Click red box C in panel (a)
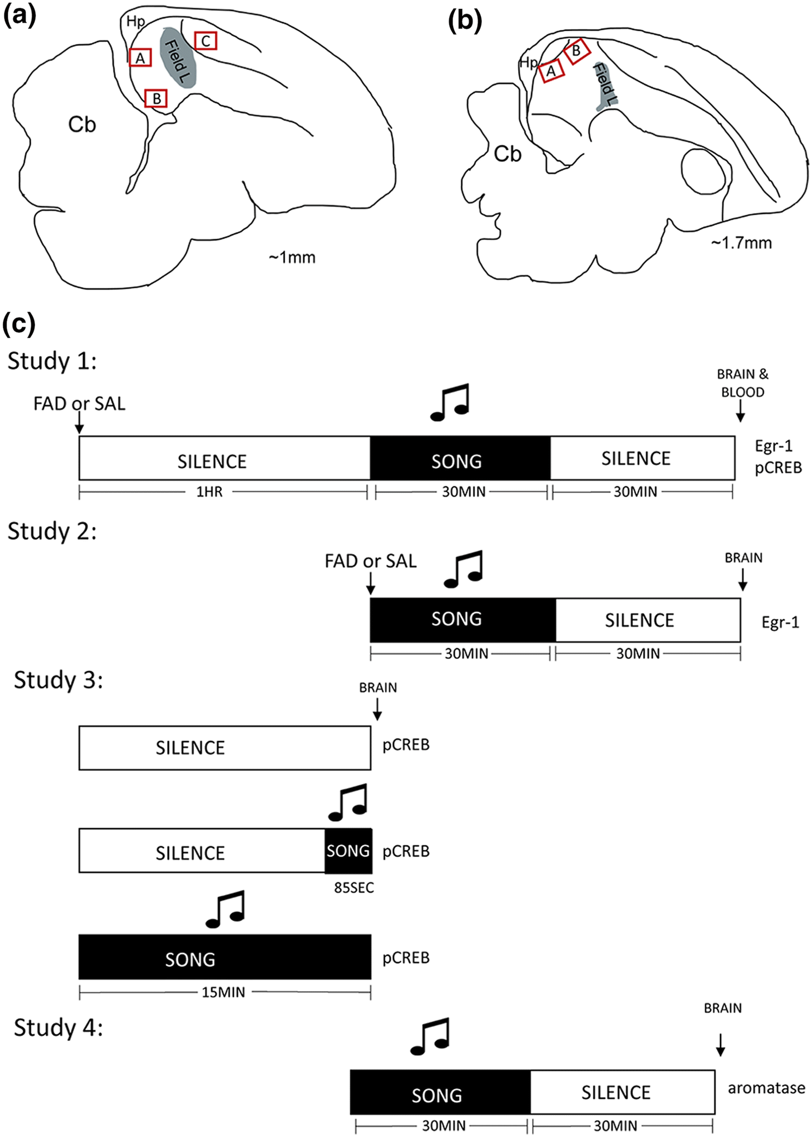pos(206,41)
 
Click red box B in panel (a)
pos(156,98)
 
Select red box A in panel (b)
pos(552,70)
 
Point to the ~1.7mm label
pos(741,243)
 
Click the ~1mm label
pos(292,257)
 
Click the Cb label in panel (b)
pos(507,154)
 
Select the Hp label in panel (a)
pos(135,22)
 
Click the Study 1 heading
pos(52,361)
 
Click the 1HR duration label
pos(209,492)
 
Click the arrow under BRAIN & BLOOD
pos(740,414)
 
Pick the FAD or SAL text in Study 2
pos(371,561)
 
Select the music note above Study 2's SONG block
pos(463,569)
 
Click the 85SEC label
pos(354,888)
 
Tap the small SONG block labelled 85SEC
pos(348,851)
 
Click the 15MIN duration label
pos(224,993)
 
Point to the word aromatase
pos(766,1088)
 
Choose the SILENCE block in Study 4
pos(623,1092)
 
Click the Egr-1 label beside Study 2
pos(780,623)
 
